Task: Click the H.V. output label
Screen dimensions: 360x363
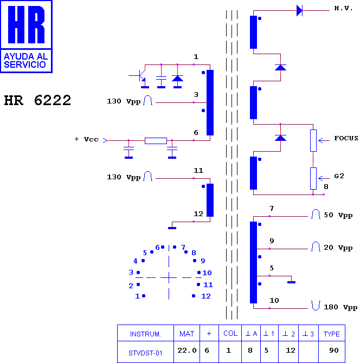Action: (x=343, y=8)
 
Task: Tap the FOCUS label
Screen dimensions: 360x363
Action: (x=346, y=138)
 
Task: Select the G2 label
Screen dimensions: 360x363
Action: (x=339, y=176)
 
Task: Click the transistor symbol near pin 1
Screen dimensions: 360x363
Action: (x=140, y=76)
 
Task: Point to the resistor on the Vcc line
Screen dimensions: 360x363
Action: (x=156, y=140)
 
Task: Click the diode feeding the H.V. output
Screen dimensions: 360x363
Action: (x=299, y=11)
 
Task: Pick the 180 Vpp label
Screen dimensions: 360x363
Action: (x=340, y=307)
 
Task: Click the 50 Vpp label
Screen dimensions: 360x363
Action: (x=338, y=215)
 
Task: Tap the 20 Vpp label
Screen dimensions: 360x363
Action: (x=338, y=248)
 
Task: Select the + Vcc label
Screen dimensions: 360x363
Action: (x=86, y=139)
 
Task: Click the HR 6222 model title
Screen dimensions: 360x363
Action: (x=37, y=100)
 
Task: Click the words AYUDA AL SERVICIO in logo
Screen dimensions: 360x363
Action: (x=25, y=61)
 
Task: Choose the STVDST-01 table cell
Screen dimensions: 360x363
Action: (x=145, y=353)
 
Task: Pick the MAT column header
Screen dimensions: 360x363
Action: (x=187, y=334)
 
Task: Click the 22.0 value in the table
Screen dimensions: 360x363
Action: (x=187, y=350)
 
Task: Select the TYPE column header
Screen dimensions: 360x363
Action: (x=331, y=334)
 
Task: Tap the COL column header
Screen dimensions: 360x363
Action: (x=230, y=333)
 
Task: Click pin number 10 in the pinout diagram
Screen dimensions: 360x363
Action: (x=207, y=273)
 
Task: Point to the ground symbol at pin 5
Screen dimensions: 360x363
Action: (x=291, y=282)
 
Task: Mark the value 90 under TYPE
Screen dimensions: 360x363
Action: (x=333, y=350)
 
